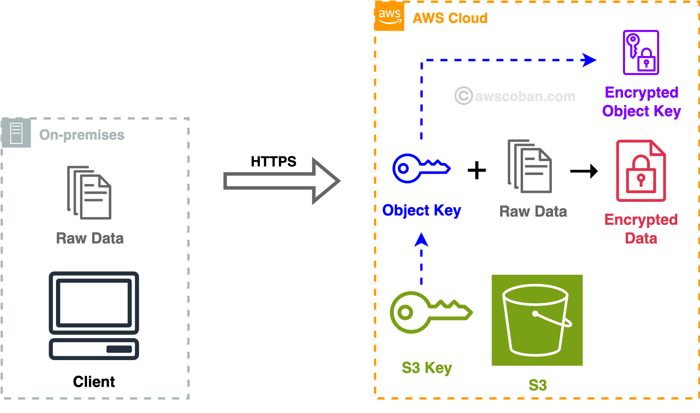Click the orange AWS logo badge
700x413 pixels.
coord(389,16)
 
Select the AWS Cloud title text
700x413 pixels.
coord(450,18)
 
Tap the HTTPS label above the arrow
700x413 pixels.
coord(273,161)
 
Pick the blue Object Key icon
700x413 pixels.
coord(421,168)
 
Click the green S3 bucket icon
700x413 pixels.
coord(537,320)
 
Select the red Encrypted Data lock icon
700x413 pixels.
coord(641,171)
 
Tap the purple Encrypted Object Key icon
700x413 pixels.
coord(641,52)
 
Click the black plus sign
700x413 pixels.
coord(477,170)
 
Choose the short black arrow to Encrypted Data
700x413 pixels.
coord(584,171)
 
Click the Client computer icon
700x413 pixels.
coord(94,315)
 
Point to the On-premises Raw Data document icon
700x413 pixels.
coord(89,192)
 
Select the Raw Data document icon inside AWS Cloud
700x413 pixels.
coord(530,166)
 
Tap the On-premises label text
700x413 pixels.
coord(82,135)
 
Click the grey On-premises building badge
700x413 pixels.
coord(16,133)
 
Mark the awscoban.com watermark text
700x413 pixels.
coord(525,96)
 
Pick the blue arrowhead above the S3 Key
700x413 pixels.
coord(421,240)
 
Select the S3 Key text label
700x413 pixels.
coord(427,368)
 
